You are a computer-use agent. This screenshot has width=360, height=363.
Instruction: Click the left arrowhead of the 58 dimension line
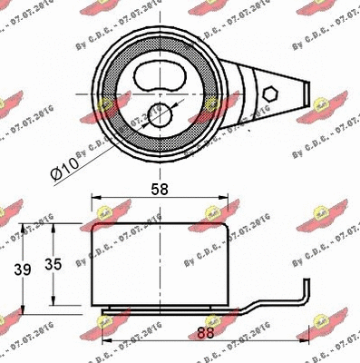tap(94, 203)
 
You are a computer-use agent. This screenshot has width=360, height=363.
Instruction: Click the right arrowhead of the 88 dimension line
tap(307, 343)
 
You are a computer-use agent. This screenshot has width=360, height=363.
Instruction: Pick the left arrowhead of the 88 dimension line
tap(103, 343)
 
